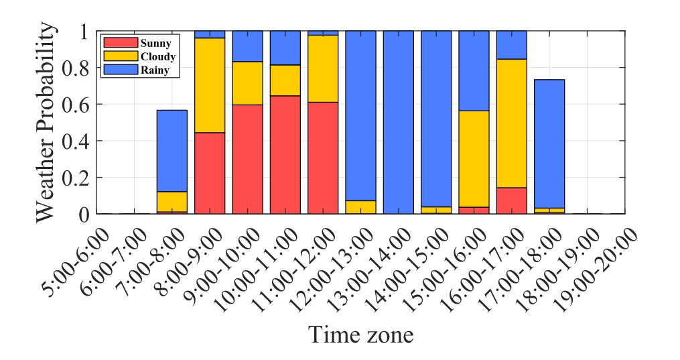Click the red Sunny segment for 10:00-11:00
click(x=285, y=155)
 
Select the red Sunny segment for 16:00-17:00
click(x=512, y=200)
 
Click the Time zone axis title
click(x=360, y=333)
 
